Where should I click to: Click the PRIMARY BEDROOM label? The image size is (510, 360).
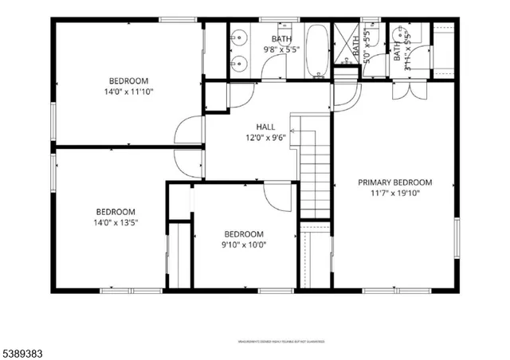click(394, 182)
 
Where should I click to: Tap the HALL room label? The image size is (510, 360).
click(266, 127)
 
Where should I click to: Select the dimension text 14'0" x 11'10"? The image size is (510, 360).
click(128, 92)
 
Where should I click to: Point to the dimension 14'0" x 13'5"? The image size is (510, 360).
click(116, 222)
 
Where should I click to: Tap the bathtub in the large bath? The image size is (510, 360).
click(316, 51)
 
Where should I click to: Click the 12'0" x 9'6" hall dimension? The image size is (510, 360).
click(266, 137)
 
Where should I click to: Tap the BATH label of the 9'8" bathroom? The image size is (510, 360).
click(281, 38)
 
